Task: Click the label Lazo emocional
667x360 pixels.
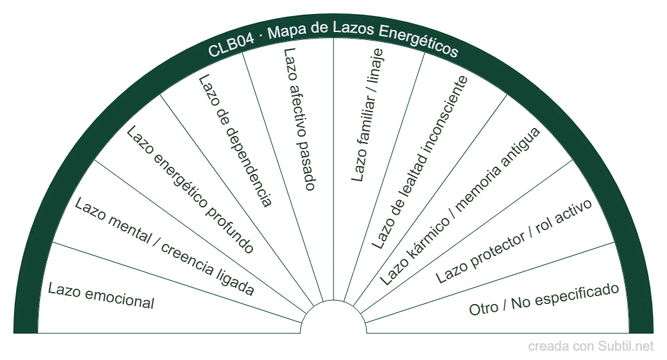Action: click(101, 297)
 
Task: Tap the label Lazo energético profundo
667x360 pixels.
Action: click(190, 190)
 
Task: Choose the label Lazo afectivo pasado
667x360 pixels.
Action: click(298, 119)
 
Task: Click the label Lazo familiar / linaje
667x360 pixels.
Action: click(368, 115)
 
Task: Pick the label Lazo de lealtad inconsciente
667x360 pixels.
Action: click(420, 162)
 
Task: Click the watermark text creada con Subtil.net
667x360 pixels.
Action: click(591, 347)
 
